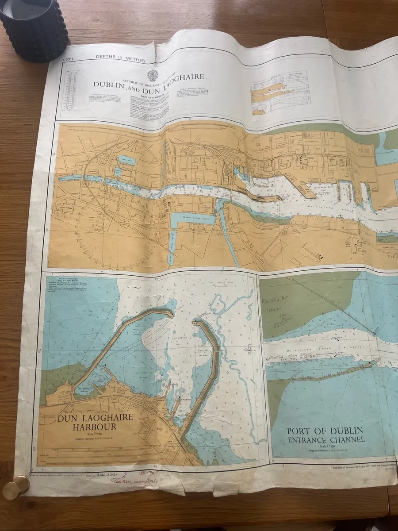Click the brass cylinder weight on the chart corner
16,487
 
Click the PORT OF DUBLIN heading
325,431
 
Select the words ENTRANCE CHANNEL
326,439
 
